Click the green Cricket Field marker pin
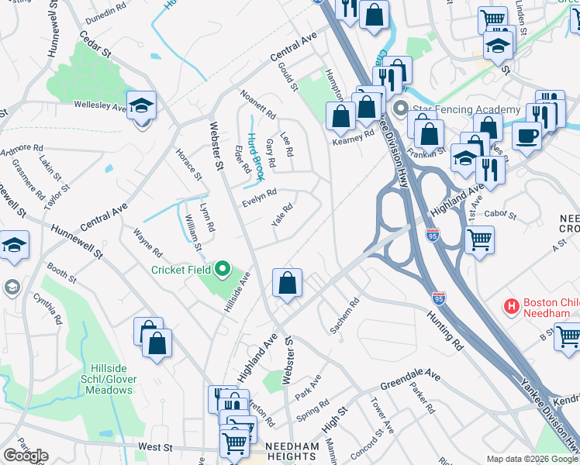tap(223, 270)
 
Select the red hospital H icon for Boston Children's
tap(511, 307)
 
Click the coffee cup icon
tap(528, 136)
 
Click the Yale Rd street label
tap(282, 215)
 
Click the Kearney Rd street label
tap(353, 133)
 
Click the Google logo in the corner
tap(26, 455)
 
